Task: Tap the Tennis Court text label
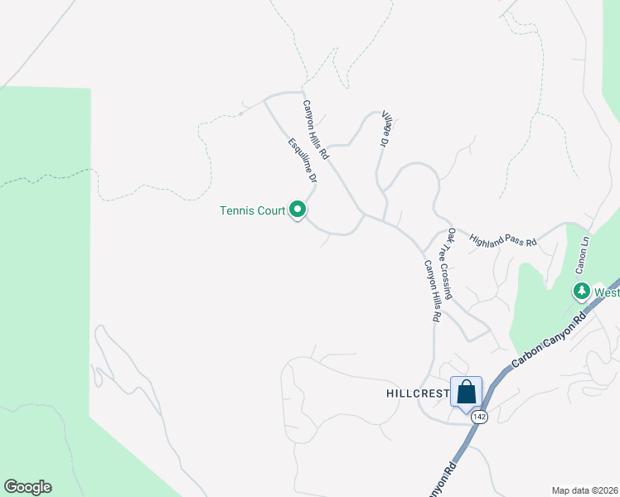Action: [252, 210]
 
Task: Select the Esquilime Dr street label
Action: [303, 160]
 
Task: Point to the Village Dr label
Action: [385, 132]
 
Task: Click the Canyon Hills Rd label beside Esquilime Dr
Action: [316, 130]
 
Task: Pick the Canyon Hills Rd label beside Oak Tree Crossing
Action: [432, 292]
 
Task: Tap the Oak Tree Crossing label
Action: [449, 263]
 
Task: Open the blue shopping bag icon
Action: [466, 391]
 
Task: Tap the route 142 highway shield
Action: [480, 417]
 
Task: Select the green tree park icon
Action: [582, 292]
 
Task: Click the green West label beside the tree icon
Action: [607, 292]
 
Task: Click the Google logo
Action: [27, 487]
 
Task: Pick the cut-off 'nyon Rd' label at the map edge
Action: [443, 480]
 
